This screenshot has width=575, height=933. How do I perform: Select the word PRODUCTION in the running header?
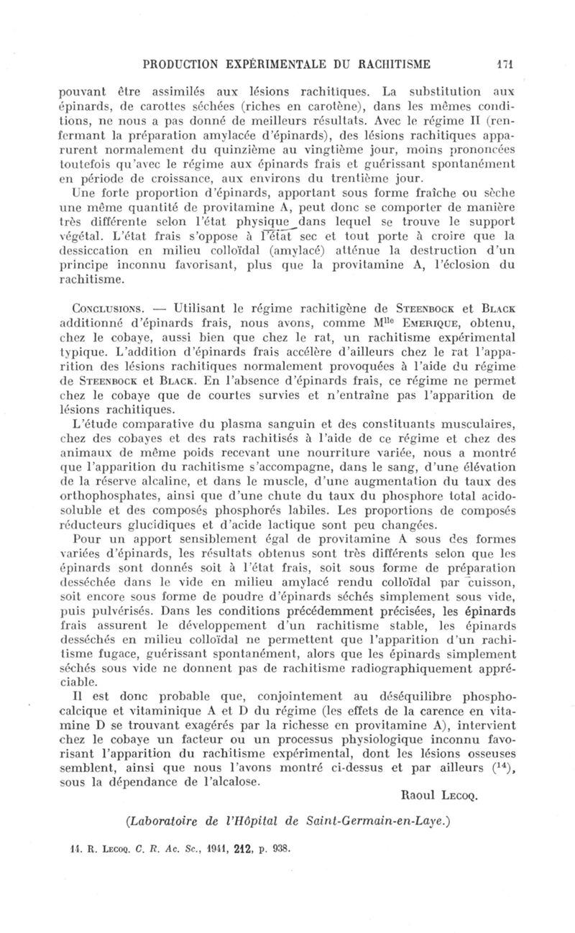pyautogui.click(x=188, y=64)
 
